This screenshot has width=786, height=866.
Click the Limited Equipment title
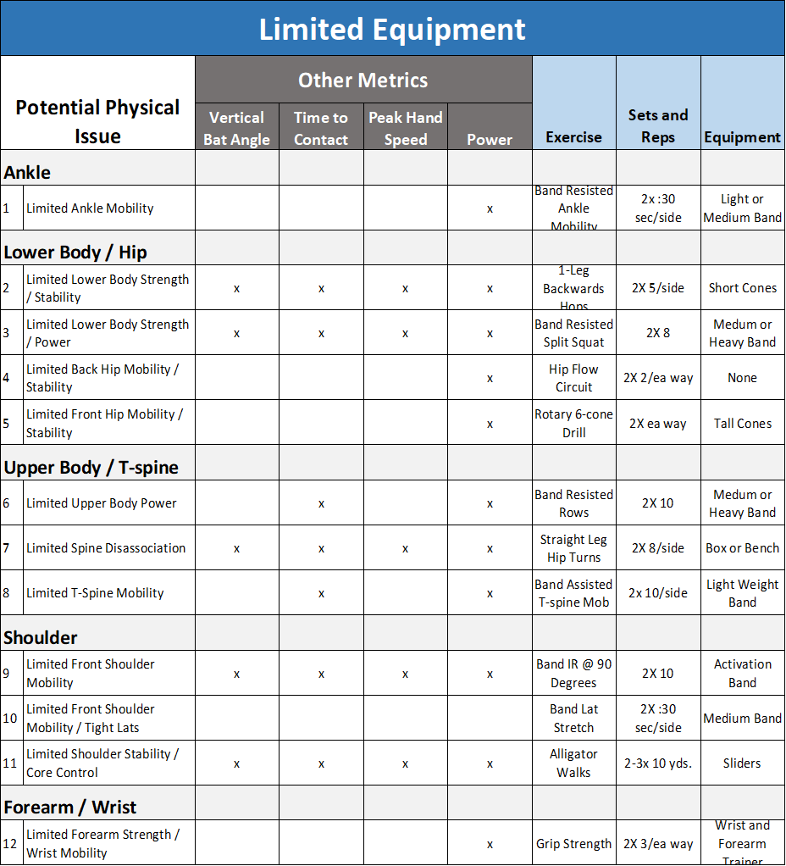coord(392,29)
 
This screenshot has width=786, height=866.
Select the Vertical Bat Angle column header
coord(236,128)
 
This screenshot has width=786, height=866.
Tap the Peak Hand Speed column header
coord(406,128)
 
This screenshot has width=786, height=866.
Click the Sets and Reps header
coord(658,125)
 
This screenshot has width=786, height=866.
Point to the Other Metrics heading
coord(363,80)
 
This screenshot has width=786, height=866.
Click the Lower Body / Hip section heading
coord(75,252)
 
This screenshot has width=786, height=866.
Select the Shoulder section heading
coord(41,637)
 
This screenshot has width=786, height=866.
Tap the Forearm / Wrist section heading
coord(70,807)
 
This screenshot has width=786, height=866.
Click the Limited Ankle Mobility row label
coord(90,208)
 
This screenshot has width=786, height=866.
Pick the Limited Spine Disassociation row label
coord(106,548)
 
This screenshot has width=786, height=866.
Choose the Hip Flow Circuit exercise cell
coord(573,378)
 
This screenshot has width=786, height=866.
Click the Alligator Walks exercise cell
coord(573,763)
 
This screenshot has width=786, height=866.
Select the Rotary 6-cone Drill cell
coord(573,423)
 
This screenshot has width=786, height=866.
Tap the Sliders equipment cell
coord(742,763)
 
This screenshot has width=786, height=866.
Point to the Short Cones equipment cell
coord(742,288)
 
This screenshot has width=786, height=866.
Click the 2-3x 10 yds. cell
coord(658,763)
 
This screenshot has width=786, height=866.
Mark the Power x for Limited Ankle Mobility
coord(490,208)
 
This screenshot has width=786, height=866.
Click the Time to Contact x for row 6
coord(321,503)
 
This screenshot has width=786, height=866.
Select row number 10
coord(10,719)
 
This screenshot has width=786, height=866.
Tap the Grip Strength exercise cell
coord(573,844)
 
